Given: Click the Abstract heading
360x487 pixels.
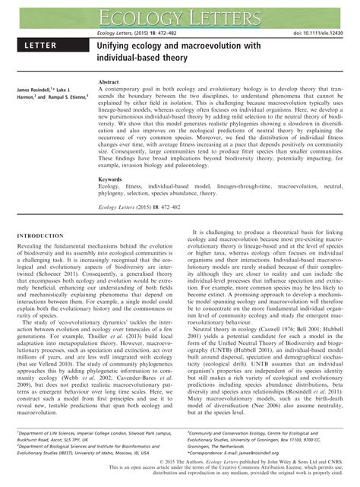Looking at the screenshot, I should pos(110,81).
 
